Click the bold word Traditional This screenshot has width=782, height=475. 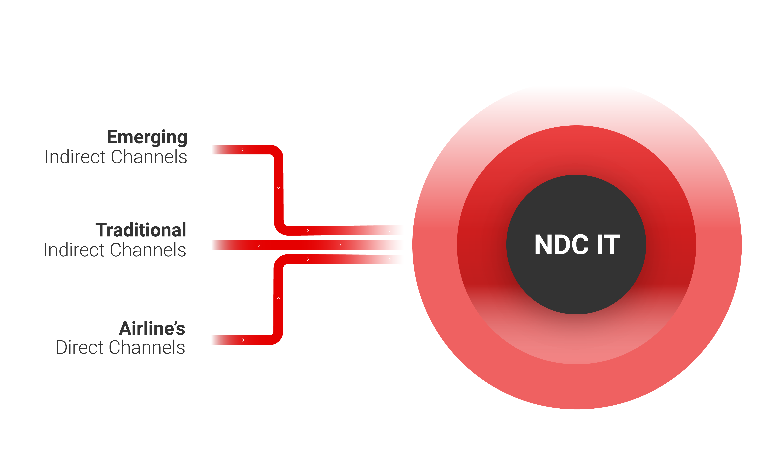pos(141,230)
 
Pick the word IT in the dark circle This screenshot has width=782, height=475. pos(608,245)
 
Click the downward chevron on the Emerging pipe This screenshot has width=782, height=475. pos(278,188)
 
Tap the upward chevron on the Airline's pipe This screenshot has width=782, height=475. pos(278,298)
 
